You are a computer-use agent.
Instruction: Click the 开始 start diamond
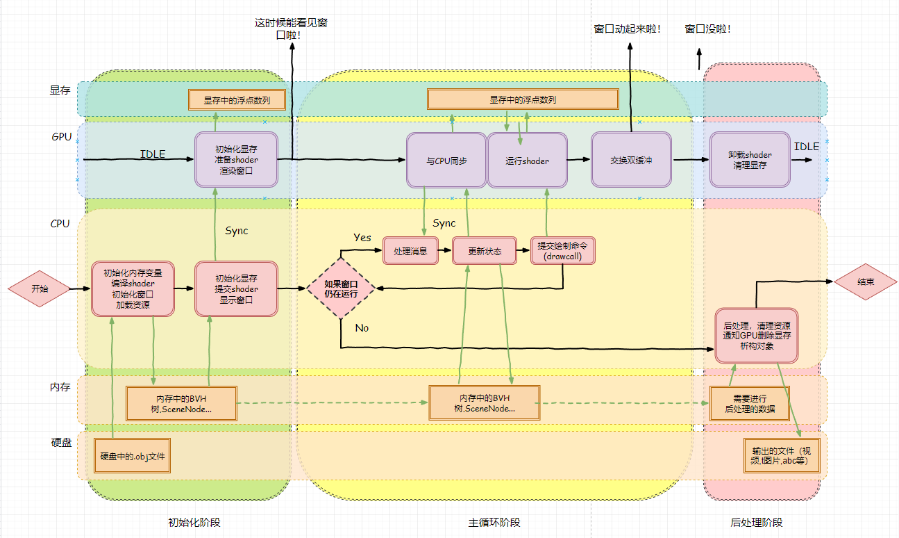point(40,288)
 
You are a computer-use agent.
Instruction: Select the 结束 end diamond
point(865,282)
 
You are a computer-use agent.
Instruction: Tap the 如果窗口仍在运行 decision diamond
point(341,288)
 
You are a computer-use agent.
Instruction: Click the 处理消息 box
point(410,251)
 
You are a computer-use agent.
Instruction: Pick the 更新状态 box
point(485,251)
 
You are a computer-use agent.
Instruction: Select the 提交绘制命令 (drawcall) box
point(563,251)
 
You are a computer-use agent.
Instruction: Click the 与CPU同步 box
point(446,161)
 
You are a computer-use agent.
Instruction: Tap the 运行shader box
point(527,161)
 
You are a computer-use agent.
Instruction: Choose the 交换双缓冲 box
point(631,161)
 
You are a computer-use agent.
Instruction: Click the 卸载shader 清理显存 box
point(750,160)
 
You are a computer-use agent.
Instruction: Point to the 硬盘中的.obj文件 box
point(131,456)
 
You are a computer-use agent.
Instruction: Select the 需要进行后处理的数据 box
point(750,404)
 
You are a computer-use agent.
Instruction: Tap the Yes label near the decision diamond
point(362,238)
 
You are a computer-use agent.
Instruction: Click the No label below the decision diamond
point(362,327)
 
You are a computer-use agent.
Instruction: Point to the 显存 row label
point(60,90)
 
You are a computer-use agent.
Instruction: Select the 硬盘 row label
point(61,443)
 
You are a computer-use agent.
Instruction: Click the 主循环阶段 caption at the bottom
point(494,522)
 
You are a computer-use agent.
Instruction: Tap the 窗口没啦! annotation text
point(708,29)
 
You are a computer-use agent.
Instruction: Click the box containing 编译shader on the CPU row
point(133,288)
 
